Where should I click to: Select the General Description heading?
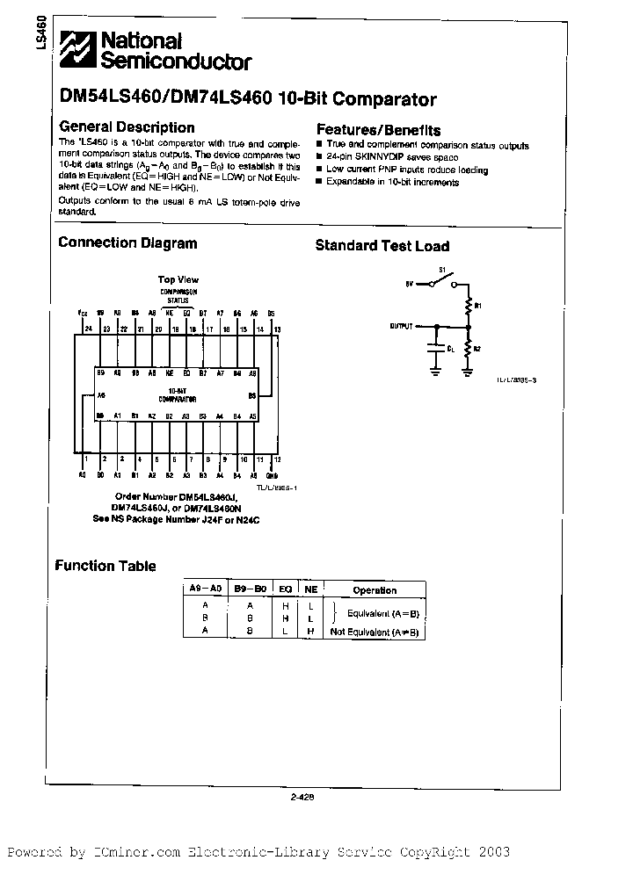127,127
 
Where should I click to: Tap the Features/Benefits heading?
378,129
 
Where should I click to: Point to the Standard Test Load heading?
382,246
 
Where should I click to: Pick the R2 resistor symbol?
468,348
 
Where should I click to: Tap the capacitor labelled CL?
434,348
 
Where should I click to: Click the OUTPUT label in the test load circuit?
401,326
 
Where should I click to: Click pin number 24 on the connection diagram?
87,329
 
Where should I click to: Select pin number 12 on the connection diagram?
278,459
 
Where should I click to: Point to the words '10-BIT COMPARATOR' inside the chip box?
177,394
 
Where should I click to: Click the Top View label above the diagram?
178,279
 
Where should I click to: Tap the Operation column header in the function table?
375,590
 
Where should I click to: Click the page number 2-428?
302,799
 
